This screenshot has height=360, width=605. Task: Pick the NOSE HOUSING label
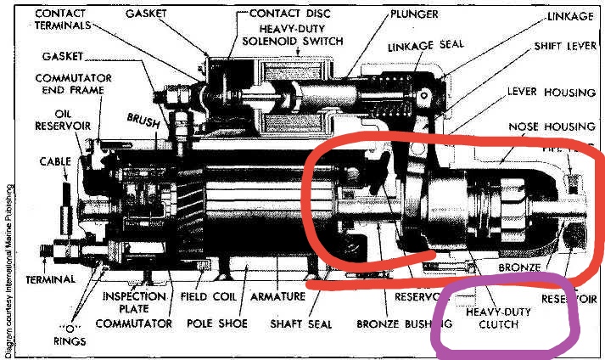(x=545, y=127)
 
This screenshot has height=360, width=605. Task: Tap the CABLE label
(x=54, y=160)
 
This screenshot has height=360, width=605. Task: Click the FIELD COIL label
(x=207, y=297)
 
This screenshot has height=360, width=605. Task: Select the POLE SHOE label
(x=216, y=323)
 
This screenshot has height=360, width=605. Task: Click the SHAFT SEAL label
(x=300, y=323)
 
